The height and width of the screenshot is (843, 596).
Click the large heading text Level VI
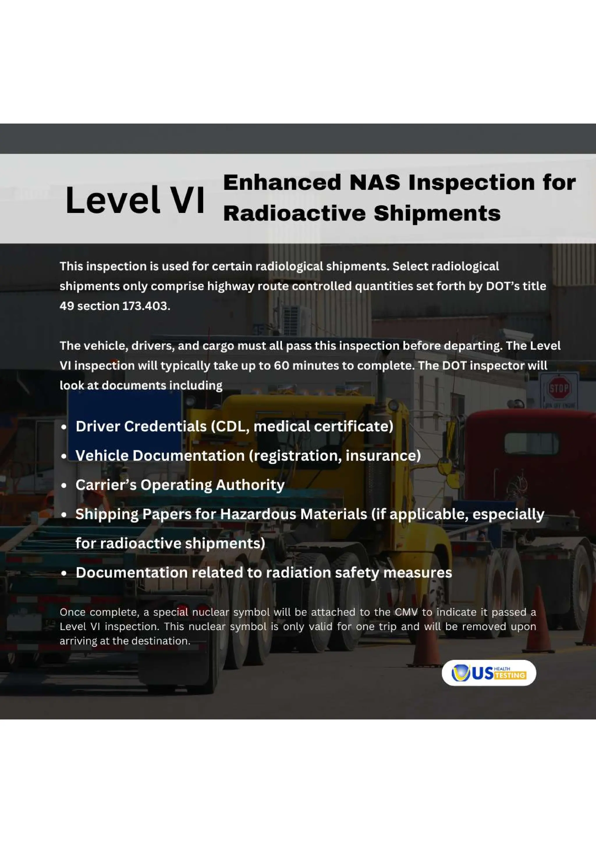click(135, 200)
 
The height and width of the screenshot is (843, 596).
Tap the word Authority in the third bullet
click(250, 485)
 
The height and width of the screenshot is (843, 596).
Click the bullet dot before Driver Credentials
click(64, 427)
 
